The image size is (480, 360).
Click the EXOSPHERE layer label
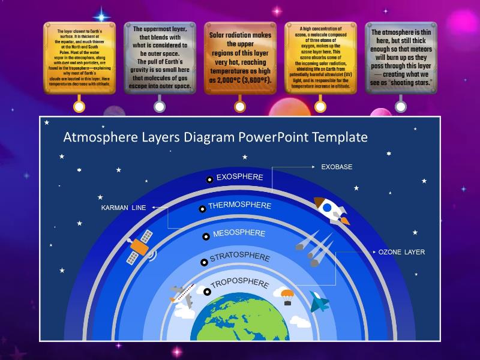click(x=239, y=177)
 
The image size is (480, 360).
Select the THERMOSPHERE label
click(x=239, y=206)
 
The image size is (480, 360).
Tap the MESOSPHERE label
click(x=239, y=233)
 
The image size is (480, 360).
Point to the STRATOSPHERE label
click(x=239, y=259)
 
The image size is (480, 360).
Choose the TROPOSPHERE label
click(x=240, y=284)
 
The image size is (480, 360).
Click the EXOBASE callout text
click(x=337, y=167)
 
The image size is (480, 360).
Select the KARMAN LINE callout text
click(x=123, y=208)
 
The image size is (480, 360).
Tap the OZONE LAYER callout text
click(x=401, y=252)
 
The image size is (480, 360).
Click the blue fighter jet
click(x=319, y=301)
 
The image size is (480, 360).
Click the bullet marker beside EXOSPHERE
click(x=209, y=179)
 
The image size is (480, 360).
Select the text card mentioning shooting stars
click(x=401, y=57)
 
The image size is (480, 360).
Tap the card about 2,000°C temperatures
click(x=240, y=57)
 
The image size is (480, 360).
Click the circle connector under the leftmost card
click(x=79, y=107)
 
